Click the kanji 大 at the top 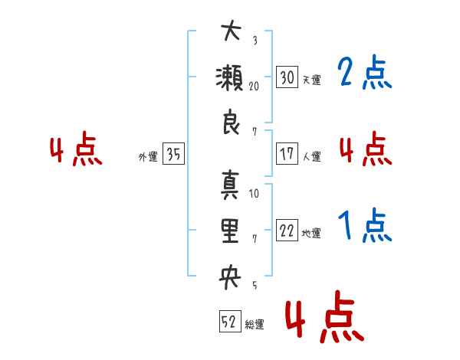pos(232,30)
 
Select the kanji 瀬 pos(229,77)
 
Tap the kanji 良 pos(232,122)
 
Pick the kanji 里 pos(230,231)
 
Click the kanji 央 pos(230,277)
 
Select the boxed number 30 pos(287,77)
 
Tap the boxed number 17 pos(287,153)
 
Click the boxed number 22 pos(287,230)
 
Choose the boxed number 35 pos(173,153)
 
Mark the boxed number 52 pos(230,321)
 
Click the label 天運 pos(312,80)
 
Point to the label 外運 pos(148,157)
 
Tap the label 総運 pos(255,325)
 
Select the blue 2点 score pos(365,72)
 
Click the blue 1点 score pos(365,225)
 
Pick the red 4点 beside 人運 pos(366,149)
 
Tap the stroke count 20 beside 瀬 pos(254,87)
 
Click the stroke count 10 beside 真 pos(254,194)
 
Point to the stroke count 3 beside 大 pos(255,40)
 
